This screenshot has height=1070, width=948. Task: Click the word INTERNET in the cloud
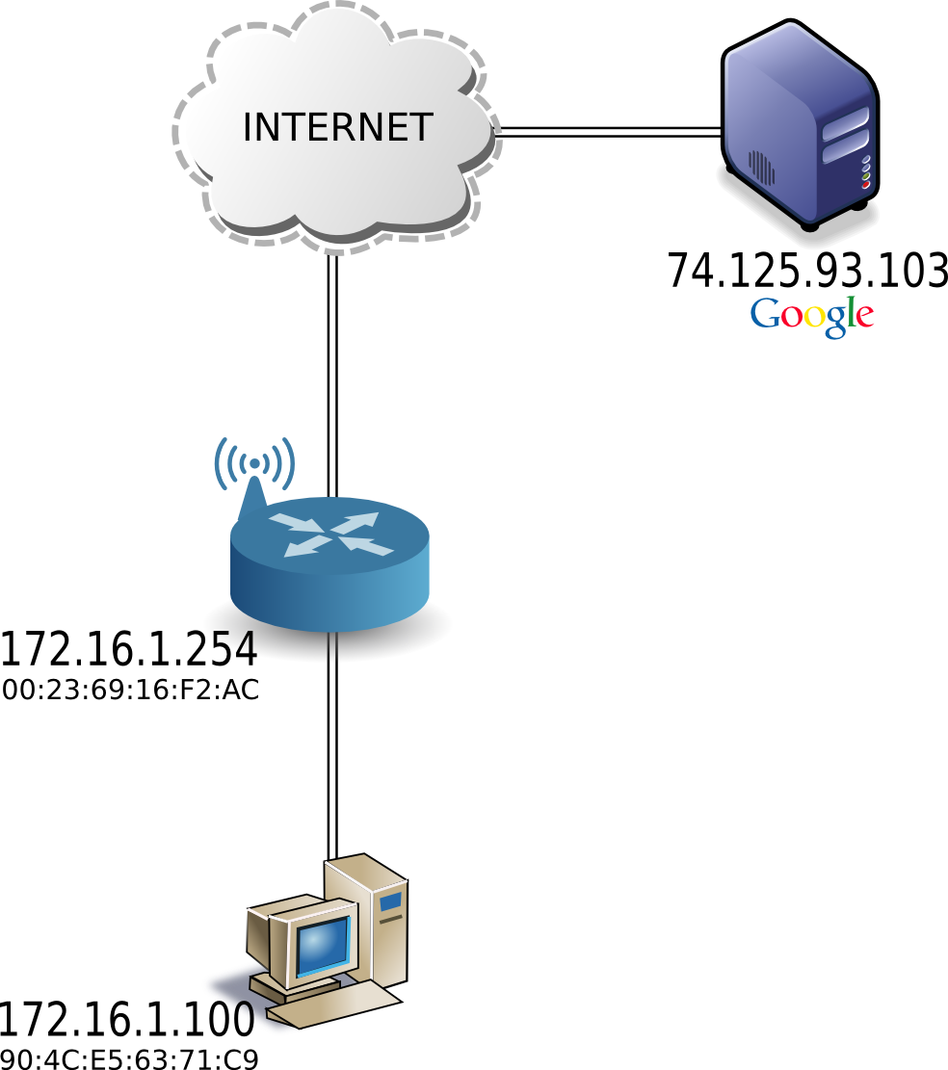pyautogui.click(x=337, y=127)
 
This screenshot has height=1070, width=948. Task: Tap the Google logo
pyautogui.click(x=812, y=315)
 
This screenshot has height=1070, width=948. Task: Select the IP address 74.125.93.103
pyautogui.click(x=807, y=272)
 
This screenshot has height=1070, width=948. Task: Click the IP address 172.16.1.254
pyautogui.click(x=129, y=650)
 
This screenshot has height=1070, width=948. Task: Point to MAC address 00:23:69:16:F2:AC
pyautogui.click(x=131, y=691)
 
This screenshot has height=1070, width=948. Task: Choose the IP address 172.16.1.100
pyautogui.click(x=127, y=1019)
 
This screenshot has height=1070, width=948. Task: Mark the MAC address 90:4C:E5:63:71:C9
pyautogui.click(x=130, y=1059)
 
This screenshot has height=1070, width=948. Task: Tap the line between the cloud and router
pyautogui.click(x=331, y=376)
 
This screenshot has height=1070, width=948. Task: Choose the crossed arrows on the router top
pyautogui.click(x=331, y=534)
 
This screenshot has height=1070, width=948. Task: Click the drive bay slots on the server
pyautogui.click(x=845, y=134)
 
